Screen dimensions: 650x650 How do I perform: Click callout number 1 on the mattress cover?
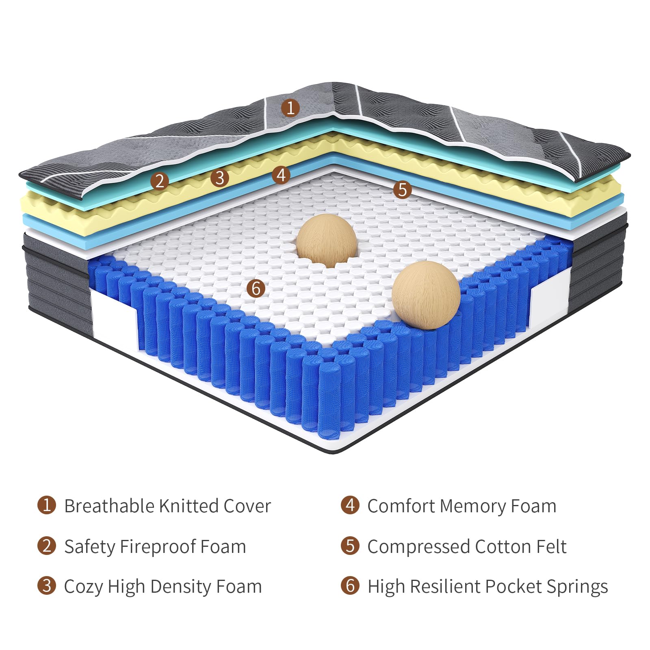(x=290, y=108)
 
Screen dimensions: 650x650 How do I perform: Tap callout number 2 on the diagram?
(x=160, y=181)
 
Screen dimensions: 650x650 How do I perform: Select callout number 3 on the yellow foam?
(x=220, y=178)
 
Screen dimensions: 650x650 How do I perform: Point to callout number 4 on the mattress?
(x=281, y=175)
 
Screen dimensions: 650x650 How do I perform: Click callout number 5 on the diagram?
(x=402, y=190)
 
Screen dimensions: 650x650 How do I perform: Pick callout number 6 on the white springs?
(x=256, y=288)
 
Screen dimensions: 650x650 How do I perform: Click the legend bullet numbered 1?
(x=47, y=505)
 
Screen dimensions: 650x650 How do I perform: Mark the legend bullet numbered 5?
(x=350, y=546)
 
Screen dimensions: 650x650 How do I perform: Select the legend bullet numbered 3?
(x=47, y=586)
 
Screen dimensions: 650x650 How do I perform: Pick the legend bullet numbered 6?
(x=350, y=586)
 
